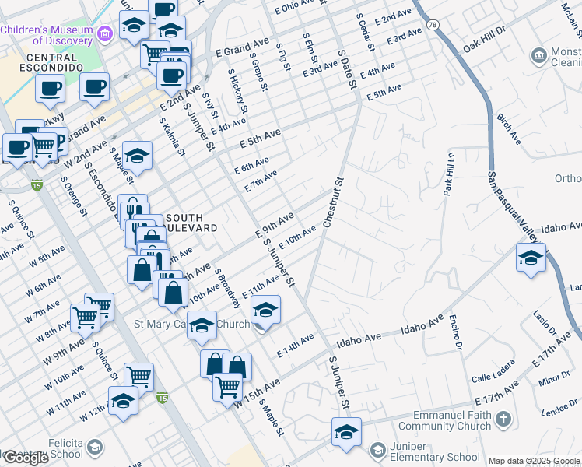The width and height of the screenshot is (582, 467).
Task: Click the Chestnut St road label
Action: pyautogui.click(x=333, y=203)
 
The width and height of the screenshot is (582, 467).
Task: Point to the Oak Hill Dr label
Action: pyautogui.click(x=484, y=39)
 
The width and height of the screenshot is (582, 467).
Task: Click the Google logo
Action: pyautogui.click(x=26, y=458)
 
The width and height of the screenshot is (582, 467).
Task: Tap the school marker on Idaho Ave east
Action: pyautogui.click(x=531, y=258)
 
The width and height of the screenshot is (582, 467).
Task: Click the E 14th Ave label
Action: pyautogui.click(x=296, y=345)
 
